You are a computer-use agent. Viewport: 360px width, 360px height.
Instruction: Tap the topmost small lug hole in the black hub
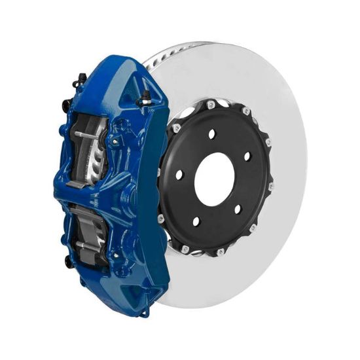point(211,134)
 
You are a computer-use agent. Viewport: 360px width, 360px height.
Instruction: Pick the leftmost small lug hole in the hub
point(179,175)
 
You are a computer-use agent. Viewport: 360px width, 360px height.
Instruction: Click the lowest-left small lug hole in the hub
point(196,221)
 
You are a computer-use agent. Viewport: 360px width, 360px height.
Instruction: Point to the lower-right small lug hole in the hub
point(238,210)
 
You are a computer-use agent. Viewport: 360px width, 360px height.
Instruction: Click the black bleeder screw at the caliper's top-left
point(81,79)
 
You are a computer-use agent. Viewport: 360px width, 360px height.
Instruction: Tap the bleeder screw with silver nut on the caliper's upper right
point(145,97)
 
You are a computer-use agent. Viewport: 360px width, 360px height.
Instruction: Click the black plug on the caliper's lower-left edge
point(67,261)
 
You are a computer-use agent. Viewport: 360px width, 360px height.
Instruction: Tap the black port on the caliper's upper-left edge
point(65,105)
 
